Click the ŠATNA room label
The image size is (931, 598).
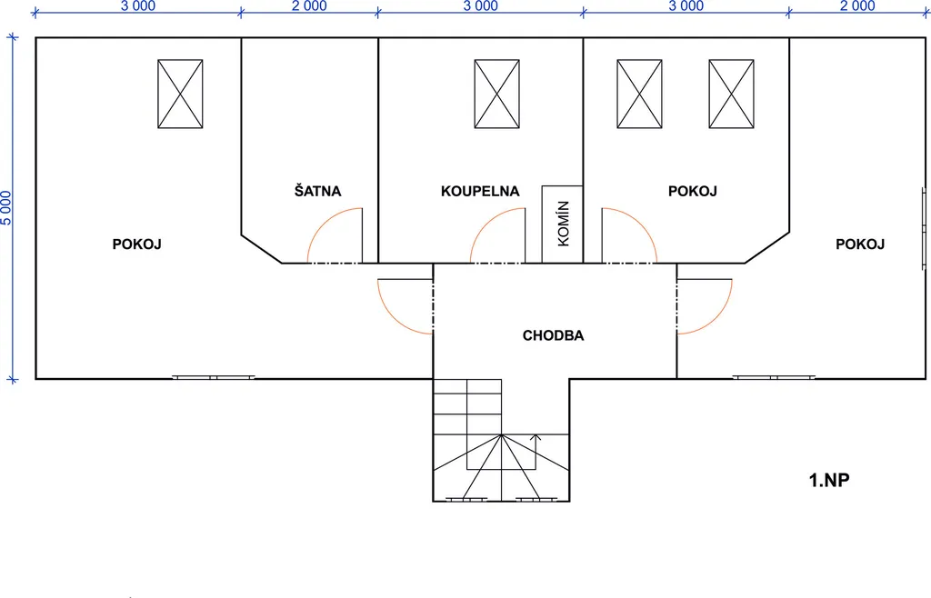pyautogui.click(x=317, y=191)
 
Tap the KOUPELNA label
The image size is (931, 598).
pyautogui.click(x=480, y=191)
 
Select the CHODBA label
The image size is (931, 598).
pyautogui.click(x=554, y=335)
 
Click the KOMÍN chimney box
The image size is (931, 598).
pyautogui.click(x=562, y=224)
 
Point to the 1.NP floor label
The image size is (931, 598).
pyautogui.click(x=829, y=480)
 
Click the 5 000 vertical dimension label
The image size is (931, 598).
pyautogui.click(x=6, y=207)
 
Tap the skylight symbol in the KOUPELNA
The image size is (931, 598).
pyautogui.click(x=497, y=94)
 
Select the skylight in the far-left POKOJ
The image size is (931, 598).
pyautogui.click(x=181, y=94)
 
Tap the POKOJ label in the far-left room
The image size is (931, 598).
pyautogui.click(x=137, y=244)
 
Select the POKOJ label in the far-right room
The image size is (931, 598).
pyautogui.click(x=860, y=244)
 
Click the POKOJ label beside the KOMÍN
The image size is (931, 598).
pyautogui.click(x=692, y=191)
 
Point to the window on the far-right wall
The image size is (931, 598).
pyautogui.click(x=925, y=228)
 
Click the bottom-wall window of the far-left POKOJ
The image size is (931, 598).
pyautogui.click(x=214, y=377)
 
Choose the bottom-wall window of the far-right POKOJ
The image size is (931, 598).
pyautogui.click(x=774, y=377)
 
